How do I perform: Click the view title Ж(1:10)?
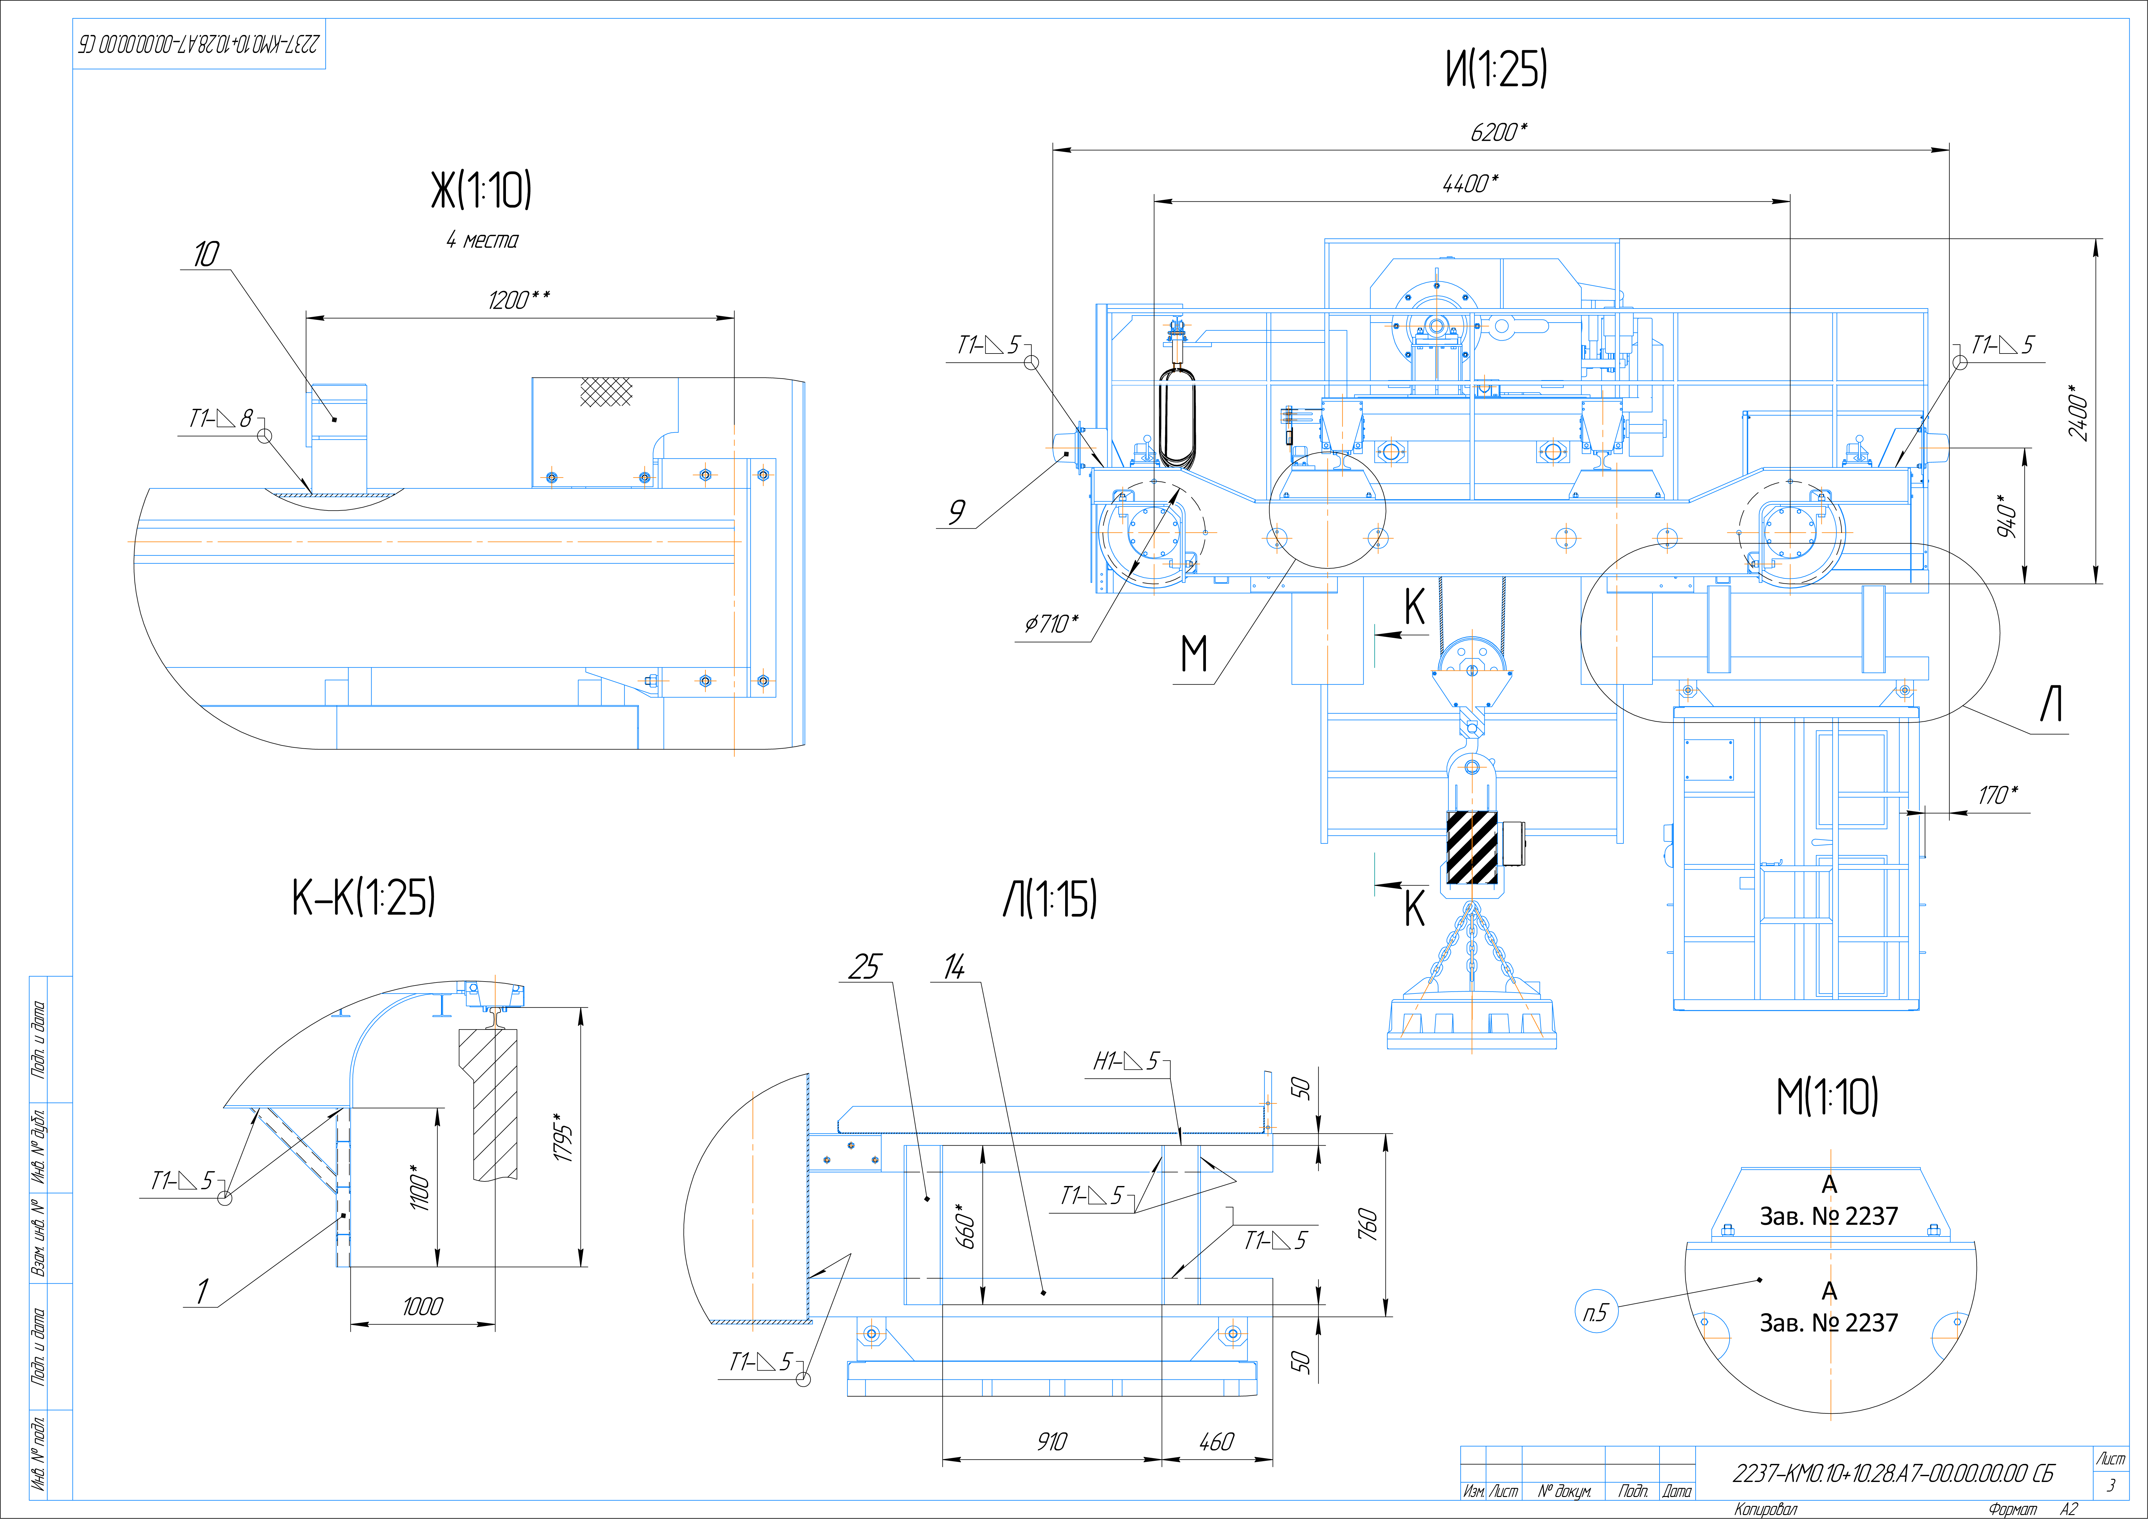481,191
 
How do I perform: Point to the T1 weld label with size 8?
221,418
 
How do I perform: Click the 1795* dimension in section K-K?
563,1137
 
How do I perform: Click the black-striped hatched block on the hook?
1472,847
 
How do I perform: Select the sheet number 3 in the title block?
2111,1485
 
